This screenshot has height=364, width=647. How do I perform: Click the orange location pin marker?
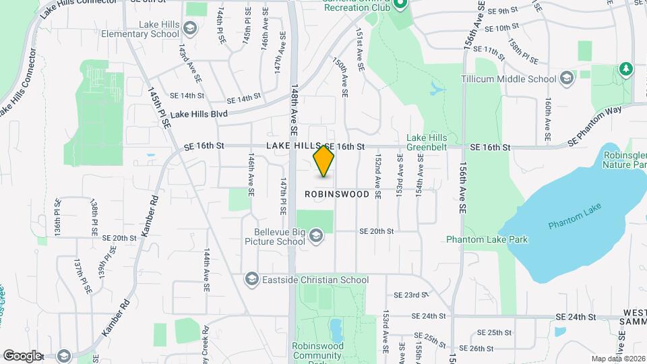click(324, 161)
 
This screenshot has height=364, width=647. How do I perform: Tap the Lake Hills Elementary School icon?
click(191, 28)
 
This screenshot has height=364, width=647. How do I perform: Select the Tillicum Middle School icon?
click(566, 78)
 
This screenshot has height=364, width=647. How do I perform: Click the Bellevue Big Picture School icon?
click(316, 235)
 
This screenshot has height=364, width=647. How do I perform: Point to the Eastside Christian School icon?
click(251, 279)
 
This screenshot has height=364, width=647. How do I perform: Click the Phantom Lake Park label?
click(487, 239)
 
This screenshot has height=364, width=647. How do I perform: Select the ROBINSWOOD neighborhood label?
click(337, 194)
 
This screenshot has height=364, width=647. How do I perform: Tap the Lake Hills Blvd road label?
click(199, 115)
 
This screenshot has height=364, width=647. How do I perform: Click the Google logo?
click(22, 355)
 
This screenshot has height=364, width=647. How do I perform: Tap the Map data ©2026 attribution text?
click(617, 359)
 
